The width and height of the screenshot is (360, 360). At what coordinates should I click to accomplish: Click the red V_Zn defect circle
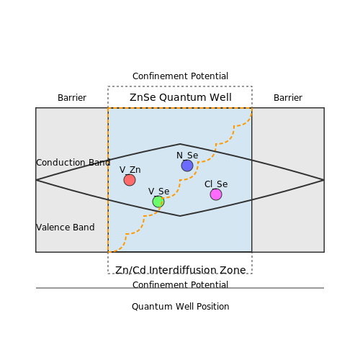[130, 180]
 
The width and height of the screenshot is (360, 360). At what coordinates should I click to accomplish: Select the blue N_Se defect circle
[187, 166]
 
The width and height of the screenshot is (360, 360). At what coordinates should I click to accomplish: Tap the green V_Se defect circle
[158, 202]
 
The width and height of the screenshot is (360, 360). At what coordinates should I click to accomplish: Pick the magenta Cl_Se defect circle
[216, 194]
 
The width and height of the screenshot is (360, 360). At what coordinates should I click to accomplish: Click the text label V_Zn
[130, 170]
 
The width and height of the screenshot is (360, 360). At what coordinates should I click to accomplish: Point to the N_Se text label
[187, 156]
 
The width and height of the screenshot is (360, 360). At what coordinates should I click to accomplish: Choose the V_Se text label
[158, 192]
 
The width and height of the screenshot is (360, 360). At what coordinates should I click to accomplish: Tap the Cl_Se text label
[216, 184]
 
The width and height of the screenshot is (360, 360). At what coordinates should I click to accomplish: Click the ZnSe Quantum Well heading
[181, 97]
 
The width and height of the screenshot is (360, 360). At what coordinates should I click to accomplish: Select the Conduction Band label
[73, 163]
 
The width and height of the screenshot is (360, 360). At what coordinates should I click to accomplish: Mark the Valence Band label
[66, 228]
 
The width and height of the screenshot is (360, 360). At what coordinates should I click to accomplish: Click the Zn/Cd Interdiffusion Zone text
[181, 271]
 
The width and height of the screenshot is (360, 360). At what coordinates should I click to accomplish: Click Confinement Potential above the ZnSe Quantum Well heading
[180, 76]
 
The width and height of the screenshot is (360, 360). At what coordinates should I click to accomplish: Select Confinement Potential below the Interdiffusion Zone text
[180, 285]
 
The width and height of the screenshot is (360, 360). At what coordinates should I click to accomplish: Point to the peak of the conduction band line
[180, 144]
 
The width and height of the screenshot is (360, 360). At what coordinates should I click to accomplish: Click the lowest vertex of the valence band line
[180, 216]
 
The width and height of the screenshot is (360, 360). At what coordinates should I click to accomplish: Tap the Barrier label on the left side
[72, 98]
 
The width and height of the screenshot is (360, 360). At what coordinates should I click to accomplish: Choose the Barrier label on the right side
[288, 98]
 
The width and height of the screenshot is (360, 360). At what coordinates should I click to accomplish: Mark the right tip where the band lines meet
[324, 180]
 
